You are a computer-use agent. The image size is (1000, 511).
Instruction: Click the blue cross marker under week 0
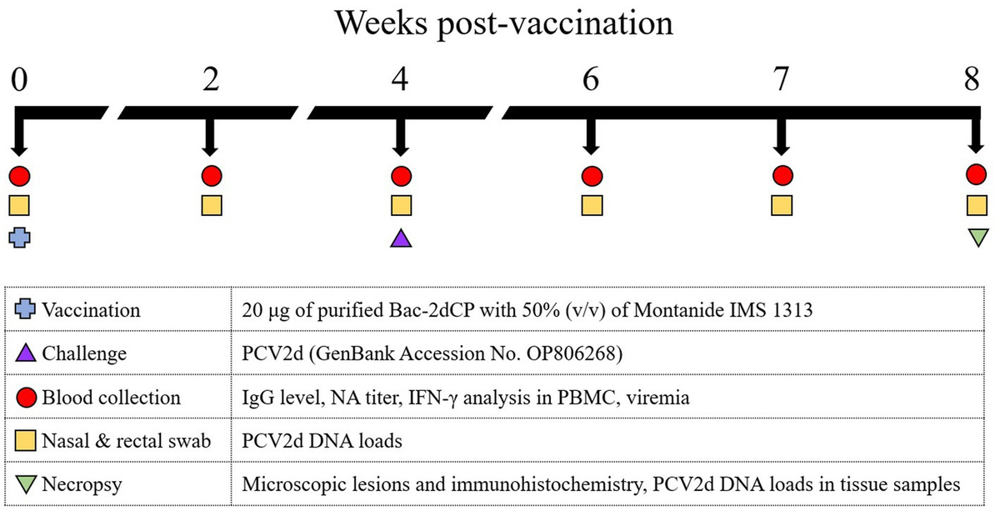(20, 238)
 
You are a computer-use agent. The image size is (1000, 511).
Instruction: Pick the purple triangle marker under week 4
(401, 238)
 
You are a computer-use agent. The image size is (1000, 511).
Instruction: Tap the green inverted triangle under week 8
(976, 238)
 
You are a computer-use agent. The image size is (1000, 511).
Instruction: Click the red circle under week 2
(211, 176)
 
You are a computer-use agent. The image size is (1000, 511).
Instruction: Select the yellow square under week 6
(592, 205)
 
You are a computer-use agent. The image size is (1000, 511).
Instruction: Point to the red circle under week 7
(781, 176)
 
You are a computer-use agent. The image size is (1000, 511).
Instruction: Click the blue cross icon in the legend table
(26, 310)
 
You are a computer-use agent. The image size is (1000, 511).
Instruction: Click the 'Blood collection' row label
(98, 397)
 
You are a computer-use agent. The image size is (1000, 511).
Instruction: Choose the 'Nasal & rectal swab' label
(124, 440)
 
